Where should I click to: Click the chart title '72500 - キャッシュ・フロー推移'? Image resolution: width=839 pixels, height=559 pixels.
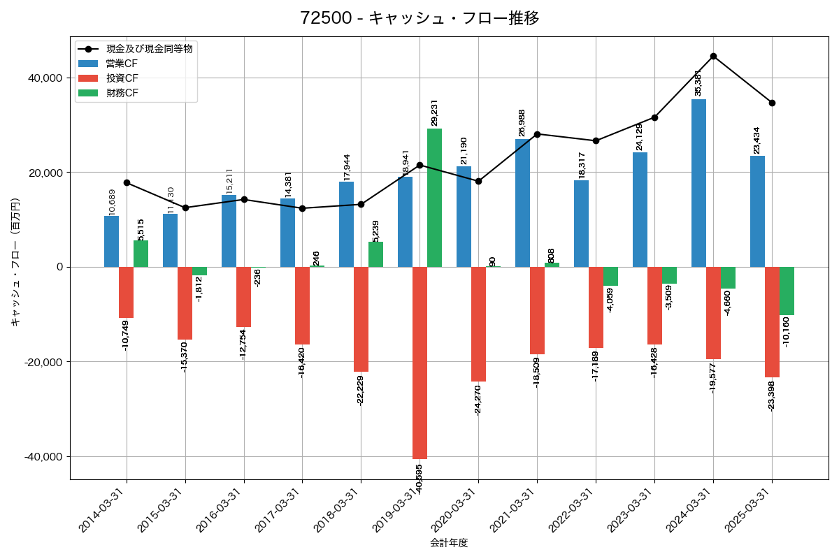[x=419, y=18]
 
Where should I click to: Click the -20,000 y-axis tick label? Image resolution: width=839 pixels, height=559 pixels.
[x=43, y=362]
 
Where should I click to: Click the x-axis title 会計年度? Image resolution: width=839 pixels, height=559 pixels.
[x=448, y=543]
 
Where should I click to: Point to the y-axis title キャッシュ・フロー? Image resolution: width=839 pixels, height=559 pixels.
[x=15, y=263]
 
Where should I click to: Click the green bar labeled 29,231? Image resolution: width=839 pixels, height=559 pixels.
[x=434, y=198]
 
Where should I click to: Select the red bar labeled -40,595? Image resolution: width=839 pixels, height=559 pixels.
[x=419, y=363]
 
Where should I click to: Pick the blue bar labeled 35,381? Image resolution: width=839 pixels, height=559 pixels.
[x=698, y=183]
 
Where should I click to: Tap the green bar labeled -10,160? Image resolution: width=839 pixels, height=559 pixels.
[x=787, y=291]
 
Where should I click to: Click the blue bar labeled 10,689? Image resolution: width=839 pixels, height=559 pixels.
[x=111, y=242]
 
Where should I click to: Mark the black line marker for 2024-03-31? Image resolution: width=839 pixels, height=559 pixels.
[x=713, y=56]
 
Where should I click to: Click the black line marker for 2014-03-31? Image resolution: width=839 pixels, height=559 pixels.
[x=127, y=182]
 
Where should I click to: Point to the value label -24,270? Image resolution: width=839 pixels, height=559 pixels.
[x=478, y=400]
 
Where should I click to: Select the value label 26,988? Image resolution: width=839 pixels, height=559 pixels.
[x=522, y=123]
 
